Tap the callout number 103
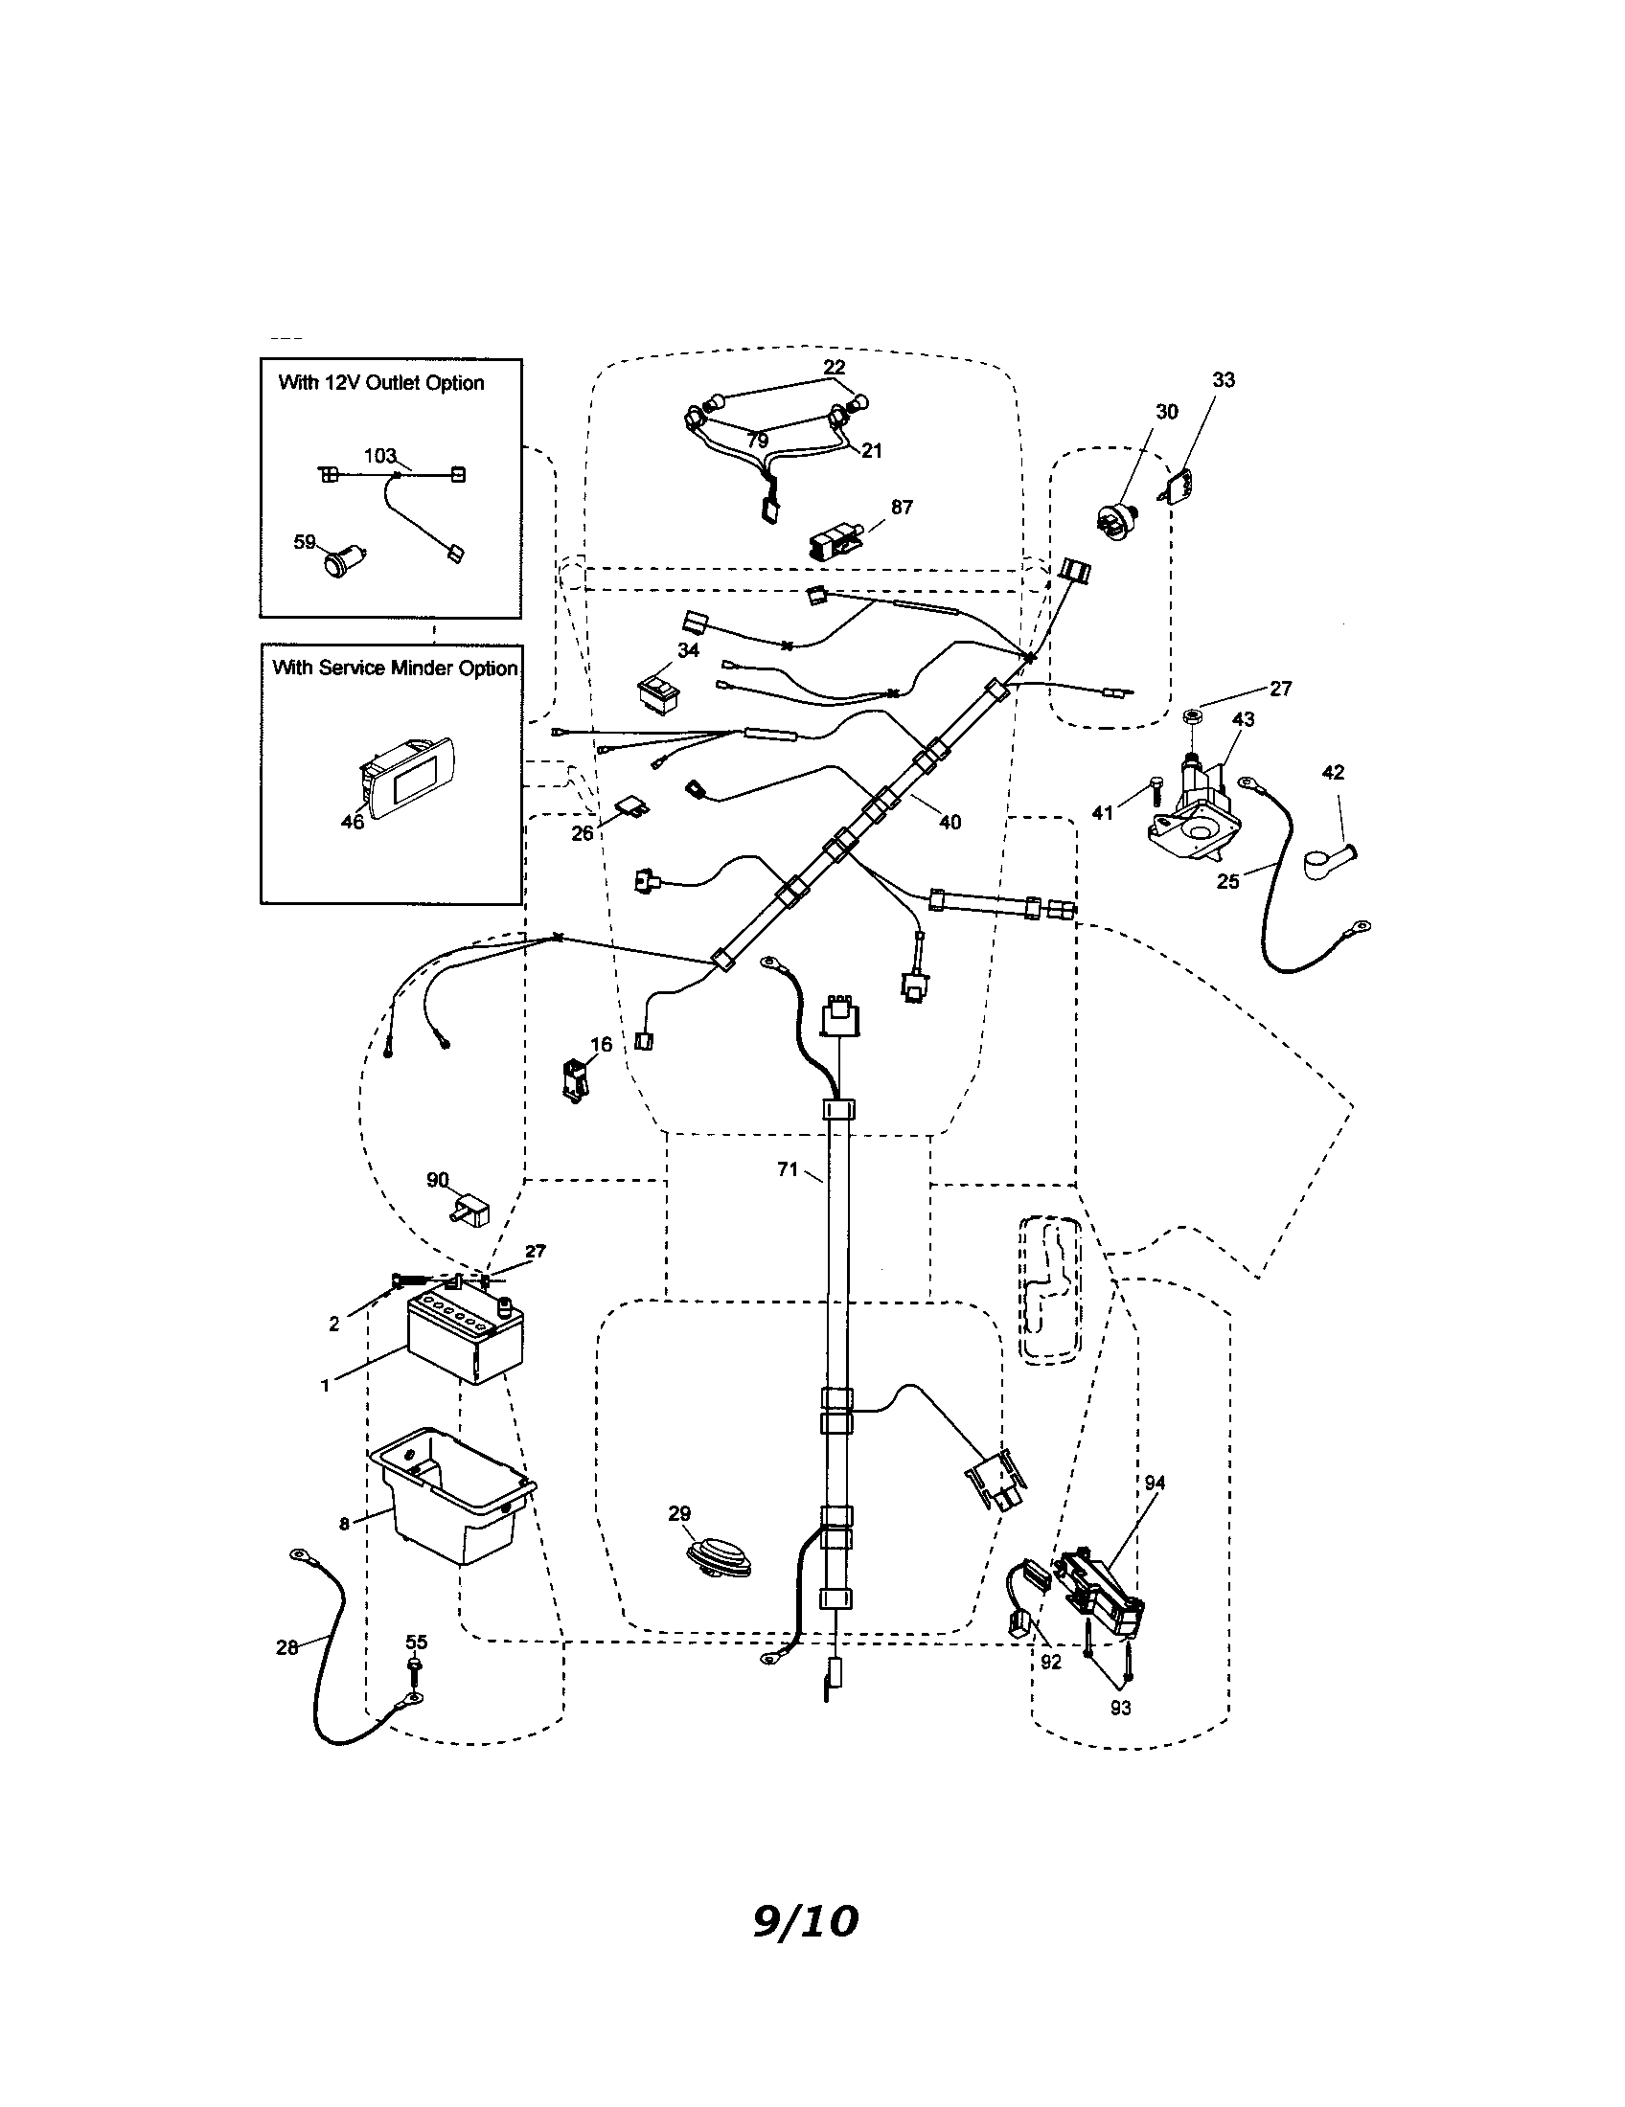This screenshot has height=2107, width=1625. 380,455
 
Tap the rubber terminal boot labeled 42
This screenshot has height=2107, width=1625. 1326,861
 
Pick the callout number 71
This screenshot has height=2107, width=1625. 788,1169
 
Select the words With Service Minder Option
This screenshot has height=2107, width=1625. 394,668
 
